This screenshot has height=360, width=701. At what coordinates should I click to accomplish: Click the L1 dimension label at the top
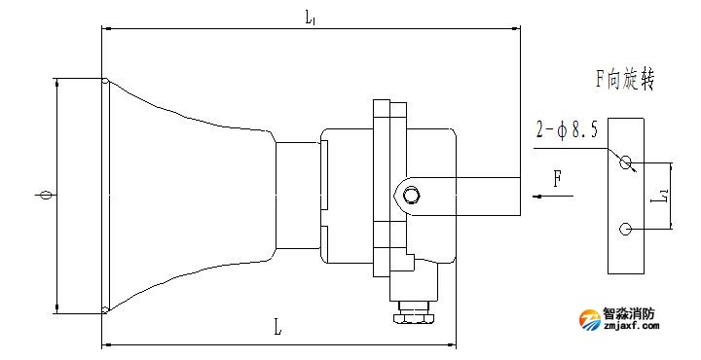click(x=312, y=18)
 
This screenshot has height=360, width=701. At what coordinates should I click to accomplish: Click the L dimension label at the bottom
click(x=277, y=328)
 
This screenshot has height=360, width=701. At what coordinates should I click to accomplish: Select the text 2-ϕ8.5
click(x=568, y=130)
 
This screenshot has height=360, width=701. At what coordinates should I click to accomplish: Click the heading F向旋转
click(x=624, y=80)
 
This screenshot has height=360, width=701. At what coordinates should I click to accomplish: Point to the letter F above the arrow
click(x=557, y=180)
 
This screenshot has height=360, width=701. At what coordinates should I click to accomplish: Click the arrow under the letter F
click(x=553, y=197)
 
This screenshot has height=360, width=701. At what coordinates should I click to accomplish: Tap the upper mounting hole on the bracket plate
click(x=625, y=162)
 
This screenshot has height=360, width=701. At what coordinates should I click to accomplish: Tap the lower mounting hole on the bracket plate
click(x=625, y=229)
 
